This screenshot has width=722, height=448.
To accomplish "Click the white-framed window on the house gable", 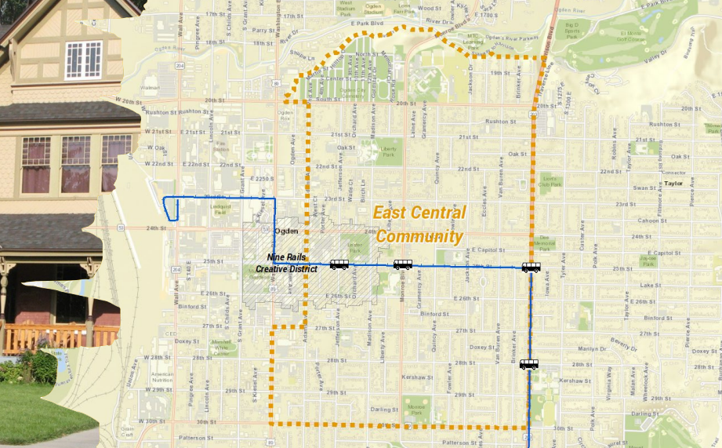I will coord(83,60).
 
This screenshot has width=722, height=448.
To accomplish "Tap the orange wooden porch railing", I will coord(59,337).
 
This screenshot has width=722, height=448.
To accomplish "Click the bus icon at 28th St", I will coord(529,364).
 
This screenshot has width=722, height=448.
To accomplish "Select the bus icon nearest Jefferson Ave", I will coord(339,264).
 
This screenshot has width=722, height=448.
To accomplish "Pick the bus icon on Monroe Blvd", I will coord(403,264).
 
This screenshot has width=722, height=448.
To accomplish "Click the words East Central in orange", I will coord(419,213).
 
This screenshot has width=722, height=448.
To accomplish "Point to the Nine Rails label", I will coord(286,257).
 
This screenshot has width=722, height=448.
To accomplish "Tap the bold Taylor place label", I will coord(673,184).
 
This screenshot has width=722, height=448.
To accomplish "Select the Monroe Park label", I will coord(417,408).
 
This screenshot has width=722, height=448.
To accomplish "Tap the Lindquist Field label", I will coord(223,210).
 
